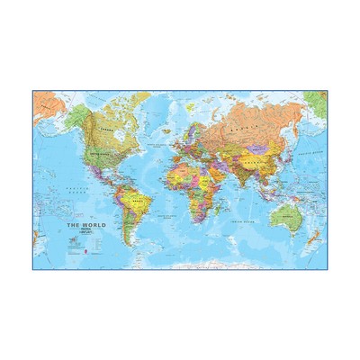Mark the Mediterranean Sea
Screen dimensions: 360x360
185,156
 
